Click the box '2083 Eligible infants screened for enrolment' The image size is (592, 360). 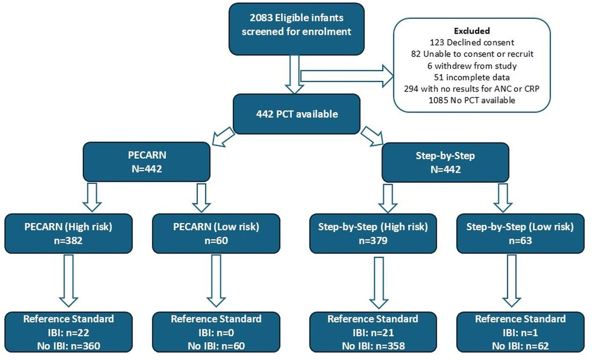[296, 29]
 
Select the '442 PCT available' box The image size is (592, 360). [296, 114]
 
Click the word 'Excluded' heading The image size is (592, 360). [472, 31]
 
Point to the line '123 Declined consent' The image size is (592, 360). [472, 42]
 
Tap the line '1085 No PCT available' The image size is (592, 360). [472, 100]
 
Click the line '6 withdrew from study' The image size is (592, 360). [472, 66]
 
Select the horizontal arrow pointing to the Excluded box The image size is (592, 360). [347, 76]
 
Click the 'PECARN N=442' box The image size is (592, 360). [147, 162]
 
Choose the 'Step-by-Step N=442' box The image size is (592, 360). [445, 162]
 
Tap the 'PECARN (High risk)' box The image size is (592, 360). [68, 233]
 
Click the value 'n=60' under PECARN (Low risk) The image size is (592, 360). [216, 241]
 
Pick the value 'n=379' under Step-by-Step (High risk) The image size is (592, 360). [373, 241]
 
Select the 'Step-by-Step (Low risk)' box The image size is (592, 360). [520, 233]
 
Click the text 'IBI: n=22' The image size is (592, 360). [68, 333]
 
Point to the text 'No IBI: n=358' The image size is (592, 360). [373, 346]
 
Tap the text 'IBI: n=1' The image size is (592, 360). [520, 333]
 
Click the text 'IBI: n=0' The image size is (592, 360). [216, 333]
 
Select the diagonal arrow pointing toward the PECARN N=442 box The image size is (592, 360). [223, 137]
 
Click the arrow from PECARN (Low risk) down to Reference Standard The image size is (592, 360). [216, 281]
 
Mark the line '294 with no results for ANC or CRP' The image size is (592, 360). [472, 89]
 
